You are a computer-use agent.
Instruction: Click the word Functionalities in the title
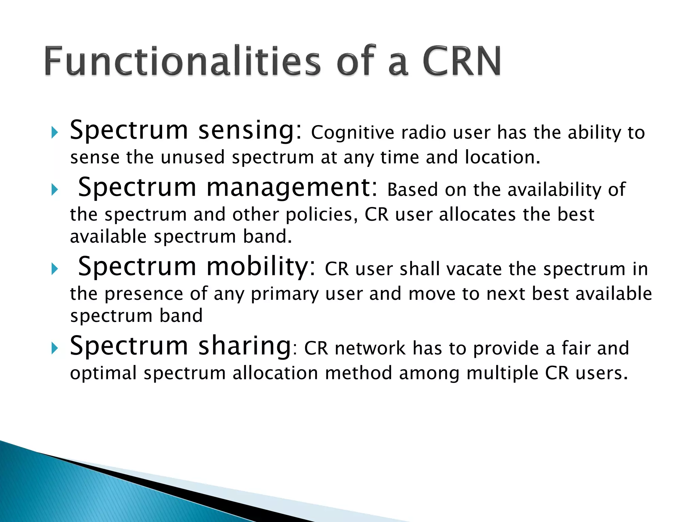182,61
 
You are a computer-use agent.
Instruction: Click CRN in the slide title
462,61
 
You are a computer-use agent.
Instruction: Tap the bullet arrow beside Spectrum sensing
54,133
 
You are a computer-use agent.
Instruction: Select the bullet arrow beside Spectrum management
54,190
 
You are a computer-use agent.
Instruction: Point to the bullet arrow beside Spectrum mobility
54,269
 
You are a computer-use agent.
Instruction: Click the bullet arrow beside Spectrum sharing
54,348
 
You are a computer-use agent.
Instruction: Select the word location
502,157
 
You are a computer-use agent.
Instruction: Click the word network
370,348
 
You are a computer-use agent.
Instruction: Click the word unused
192,157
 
